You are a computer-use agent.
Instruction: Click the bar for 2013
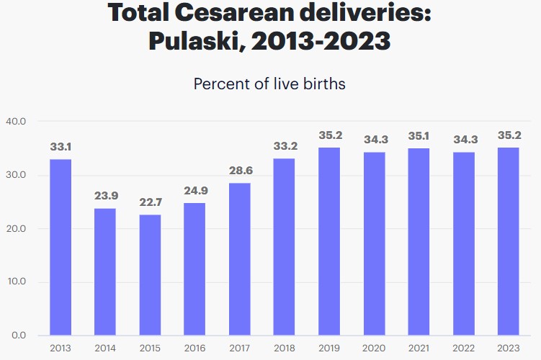[x=61, y=247]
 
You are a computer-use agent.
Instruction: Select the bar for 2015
[x=150, y=274]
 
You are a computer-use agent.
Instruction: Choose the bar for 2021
[x=419, y=241]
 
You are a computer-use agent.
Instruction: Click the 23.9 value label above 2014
[x=105, y=196]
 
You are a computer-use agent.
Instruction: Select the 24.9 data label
[x=195, y=191]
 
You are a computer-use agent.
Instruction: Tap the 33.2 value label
[x=285, y=146]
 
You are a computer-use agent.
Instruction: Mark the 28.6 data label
[x=240, y=171]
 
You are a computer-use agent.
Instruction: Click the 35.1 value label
[x=419, y=135]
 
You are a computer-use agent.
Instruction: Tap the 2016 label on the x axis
[x=195, y=348]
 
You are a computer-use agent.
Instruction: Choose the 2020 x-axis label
[x=374, y=348]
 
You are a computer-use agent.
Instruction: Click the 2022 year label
[x=464, y=348]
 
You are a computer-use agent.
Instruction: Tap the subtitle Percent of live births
[x=269, y=84]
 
